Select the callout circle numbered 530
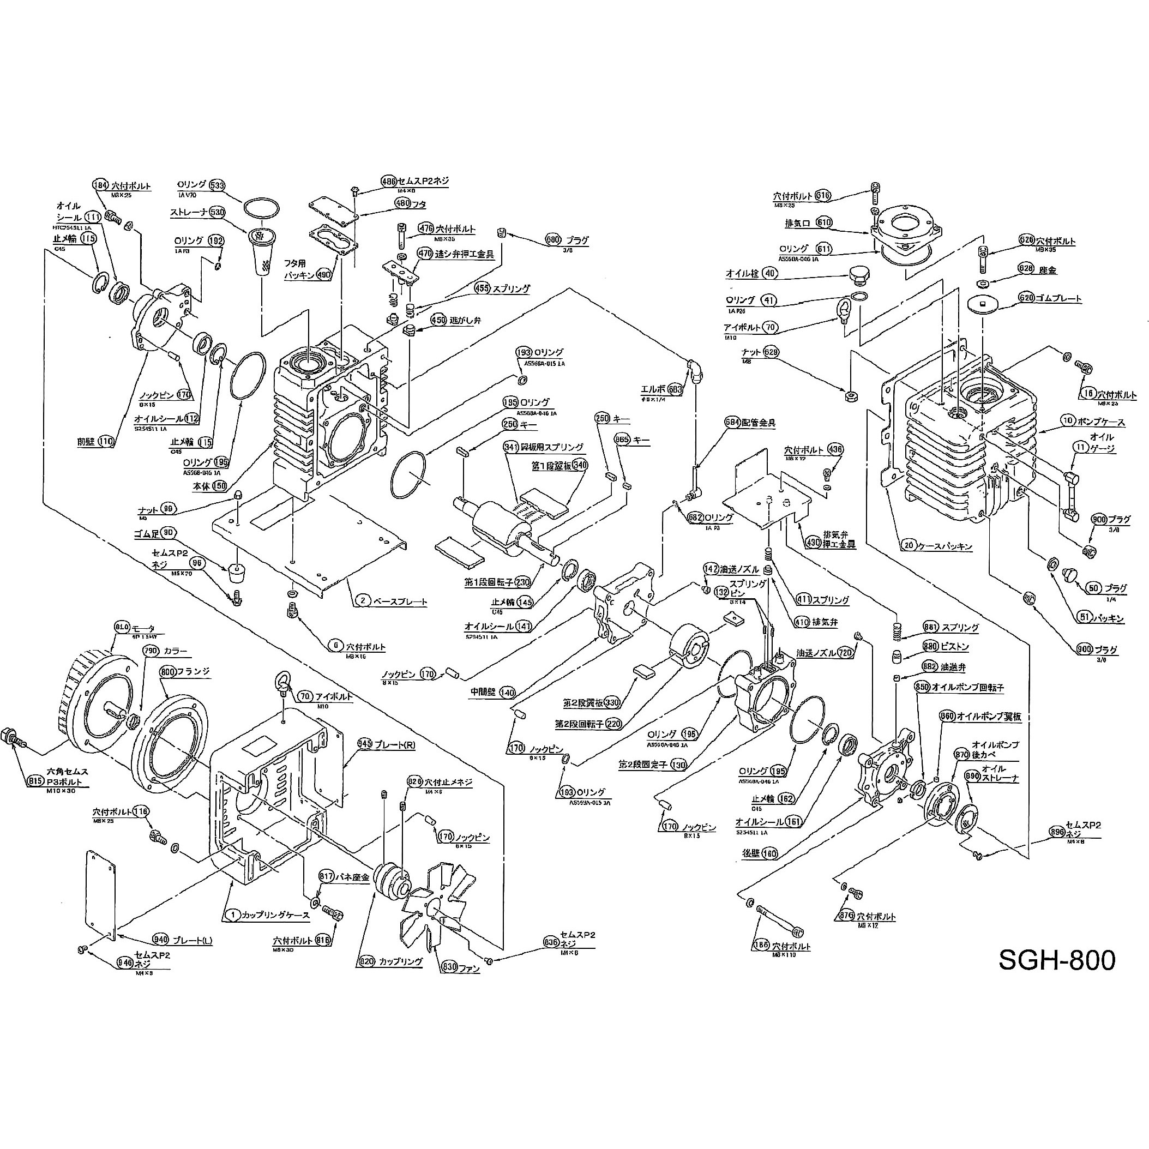click(x=217, y=212)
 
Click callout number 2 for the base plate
click(x=363, y=600)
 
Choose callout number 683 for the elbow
click(x=675, y=389)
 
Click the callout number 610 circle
click(x=823, y=222)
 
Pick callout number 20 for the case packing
click(x=908, y=545)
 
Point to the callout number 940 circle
click(x=160, y=940)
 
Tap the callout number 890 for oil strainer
click(x=972, y=776)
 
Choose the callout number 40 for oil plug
click(x=770, y=273)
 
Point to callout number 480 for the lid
click(x=403, y=203)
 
